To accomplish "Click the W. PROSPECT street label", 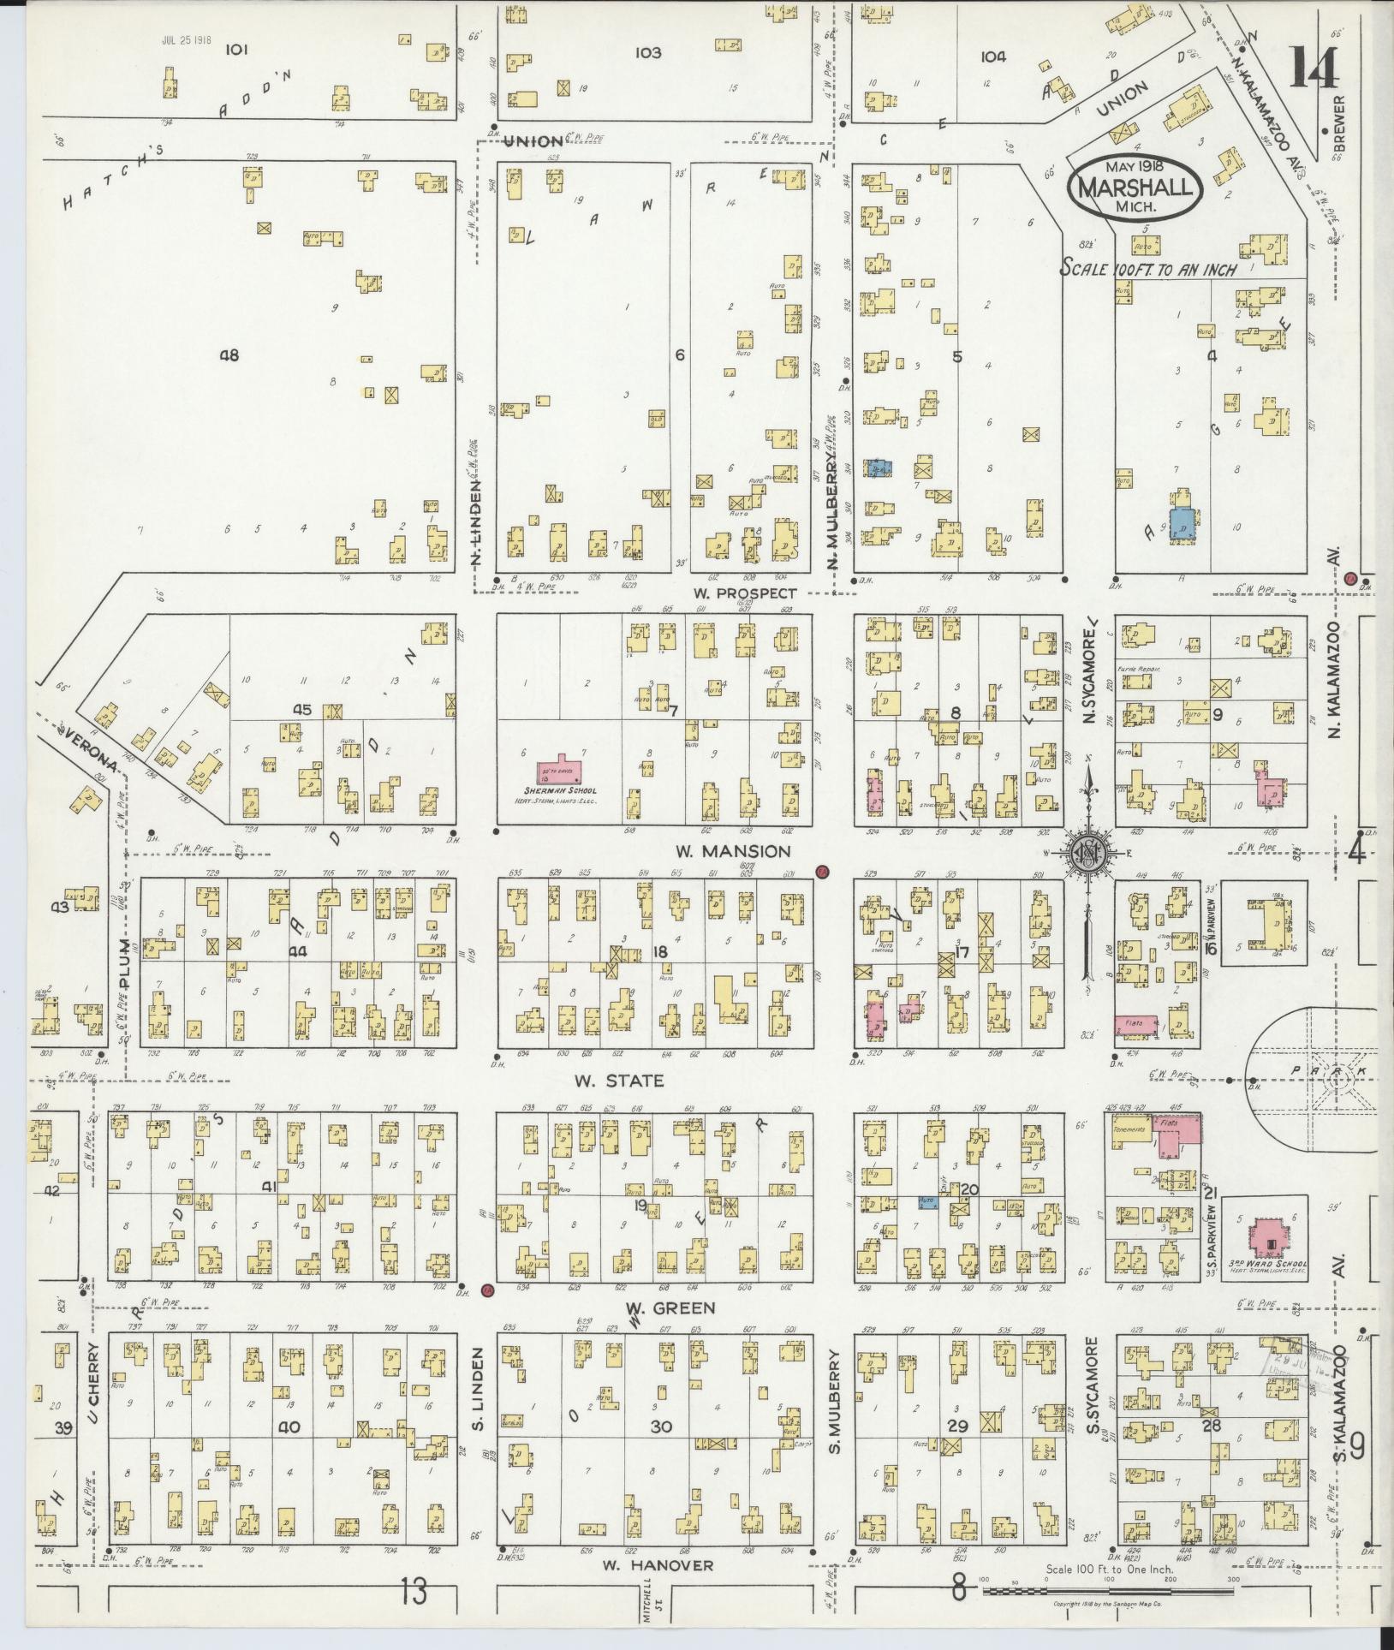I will click(x=744, y=593).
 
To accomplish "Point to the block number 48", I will click(x=229, y=355).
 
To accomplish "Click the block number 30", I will click(x=659, y=1427).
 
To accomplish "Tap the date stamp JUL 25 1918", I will click(x=186, y=40).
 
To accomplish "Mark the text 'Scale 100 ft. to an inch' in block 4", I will click(x=1147, y=267).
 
